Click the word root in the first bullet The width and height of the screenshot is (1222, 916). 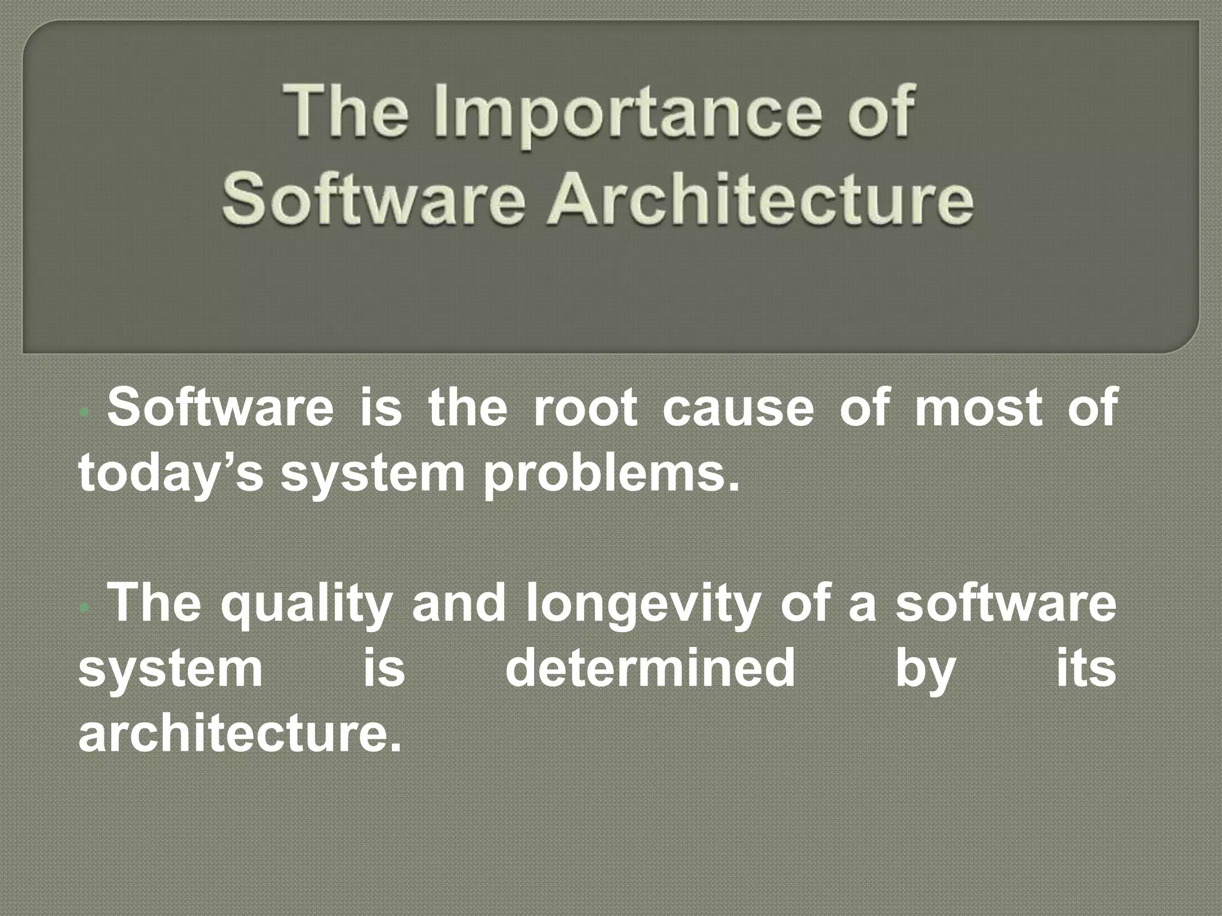point(584,409)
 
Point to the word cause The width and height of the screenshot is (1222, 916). point(738,409)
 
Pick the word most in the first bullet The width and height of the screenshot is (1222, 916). point(979,409)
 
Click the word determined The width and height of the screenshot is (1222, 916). point(650,669)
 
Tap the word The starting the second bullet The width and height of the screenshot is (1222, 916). point(156,604)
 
